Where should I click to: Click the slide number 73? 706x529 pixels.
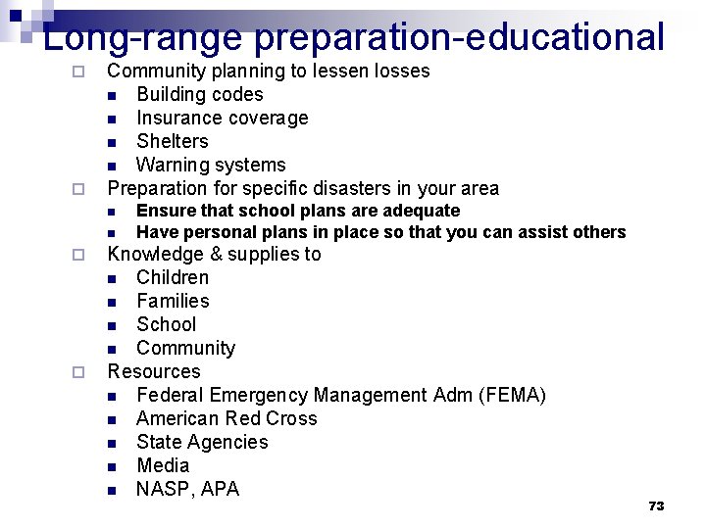tap(656, 505)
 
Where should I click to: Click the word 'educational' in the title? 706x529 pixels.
tap(566, 37)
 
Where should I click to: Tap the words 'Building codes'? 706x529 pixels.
tap(200, 94)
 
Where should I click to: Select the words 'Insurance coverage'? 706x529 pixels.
tap(222, 118)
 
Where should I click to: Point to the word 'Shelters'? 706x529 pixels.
tap(173, 141)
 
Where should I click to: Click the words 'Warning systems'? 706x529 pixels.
tap(211, 165)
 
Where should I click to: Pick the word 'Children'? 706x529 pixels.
tap(173, 277)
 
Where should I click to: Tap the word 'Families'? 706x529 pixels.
tap(173, 301)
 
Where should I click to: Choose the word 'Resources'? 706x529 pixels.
tap(154, 371)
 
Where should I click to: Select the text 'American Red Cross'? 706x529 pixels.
tap(227, 418)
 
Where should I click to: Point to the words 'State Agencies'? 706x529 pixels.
tap(202, 442)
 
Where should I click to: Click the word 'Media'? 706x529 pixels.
tap(163, 465)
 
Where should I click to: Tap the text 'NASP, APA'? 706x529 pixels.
tap(187, 489)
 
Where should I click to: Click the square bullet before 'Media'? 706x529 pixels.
tap(113, 466)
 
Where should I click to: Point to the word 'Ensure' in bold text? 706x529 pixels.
tap(161, 211)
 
